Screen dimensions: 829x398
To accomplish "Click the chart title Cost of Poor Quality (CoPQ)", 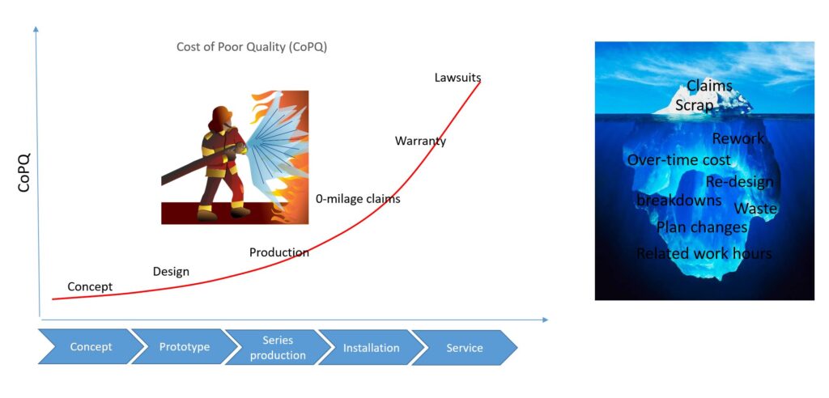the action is point(252,47).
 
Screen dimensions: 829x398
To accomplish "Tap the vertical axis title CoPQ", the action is point(24,172).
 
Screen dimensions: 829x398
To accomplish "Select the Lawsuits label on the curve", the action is point(458,78).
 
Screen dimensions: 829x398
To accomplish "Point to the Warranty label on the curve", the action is point(420,141).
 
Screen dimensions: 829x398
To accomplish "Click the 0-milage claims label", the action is point(358,199).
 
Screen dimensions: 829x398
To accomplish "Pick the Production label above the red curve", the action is point(279,252).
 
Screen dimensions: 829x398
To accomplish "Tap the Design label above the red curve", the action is point(171,272).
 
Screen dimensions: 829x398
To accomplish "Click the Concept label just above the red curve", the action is point(90,286).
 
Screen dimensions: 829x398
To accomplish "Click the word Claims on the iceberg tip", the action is point(709,86).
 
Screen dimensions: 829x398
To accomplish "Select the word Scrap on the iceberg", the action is point(694,105).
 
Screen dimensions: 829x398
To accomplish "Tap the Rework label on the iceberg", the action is point(738,138).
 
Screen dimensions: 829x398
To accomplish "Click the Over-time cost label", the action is point(679,159).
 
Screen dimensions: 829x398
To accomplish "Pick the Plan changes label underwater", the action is point(702,227).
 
